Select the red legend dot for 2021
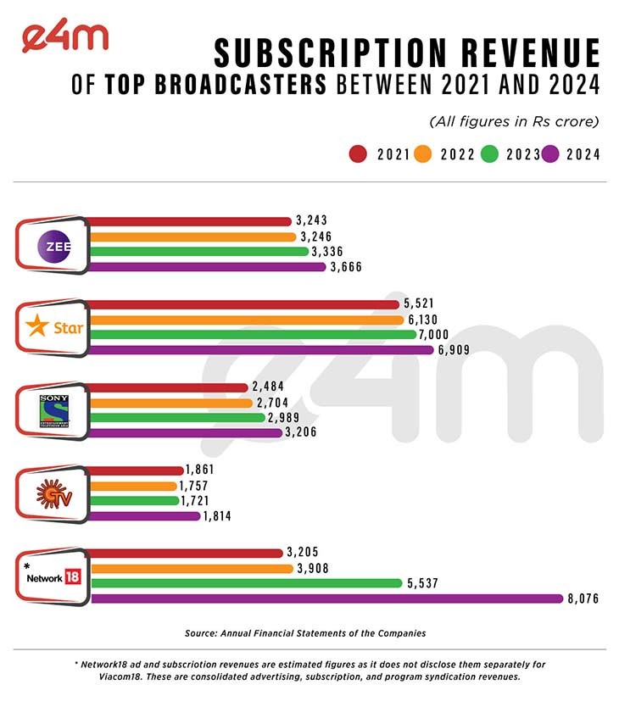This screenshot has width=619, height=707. pos(358,154)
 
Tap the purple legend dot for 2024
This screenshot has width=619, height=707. pos(550,154)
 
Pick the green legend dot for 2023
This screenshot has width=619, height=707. pos(488,154)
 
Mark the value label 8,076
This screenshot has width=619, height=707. pos(586,598)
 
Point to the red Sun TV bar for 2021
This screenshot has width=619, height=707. pos(136,470)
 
